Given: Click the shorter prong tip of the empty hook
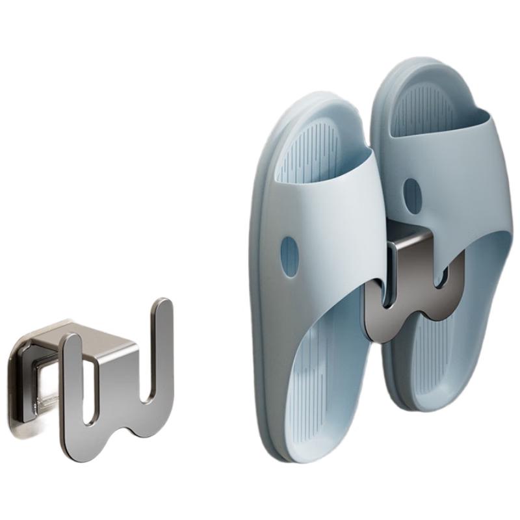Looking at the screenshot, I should point(70,343).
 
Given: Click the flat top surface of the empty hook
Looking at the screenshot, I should point(104,338).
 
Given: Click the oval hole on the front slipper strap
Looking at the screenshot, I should point(289,256).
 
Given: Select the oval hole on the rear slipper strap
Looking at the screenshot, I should point(412,193).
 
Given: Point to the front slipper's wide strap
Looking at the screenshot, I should point(325,214).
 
